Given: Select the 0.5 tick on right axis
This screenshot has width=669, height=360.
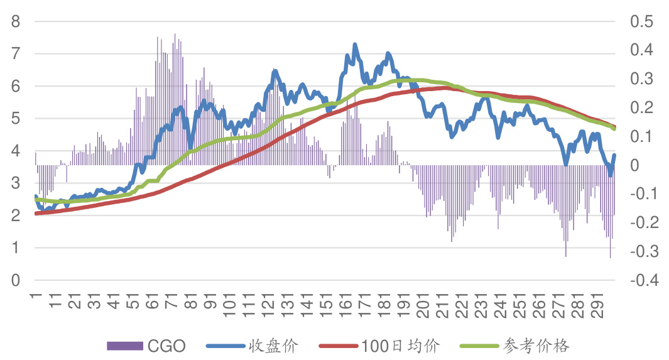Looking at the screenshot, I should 641,21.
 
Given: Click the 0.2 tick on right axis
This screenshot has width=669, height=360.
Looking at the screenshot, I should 641,107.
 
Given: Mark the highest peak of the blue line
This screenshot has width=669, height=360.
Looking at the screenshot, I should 355,44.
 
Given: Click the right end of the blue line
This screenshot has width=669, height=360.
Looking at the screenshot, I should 614,155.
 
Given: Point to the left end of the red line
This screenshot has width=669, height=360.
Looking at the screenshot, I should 36,214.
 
